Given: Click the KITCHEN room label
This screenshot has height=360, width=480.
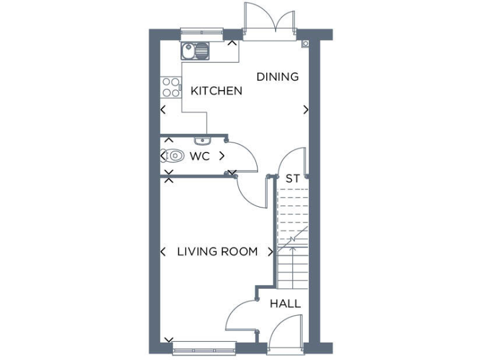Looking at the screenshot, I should click(216, 91).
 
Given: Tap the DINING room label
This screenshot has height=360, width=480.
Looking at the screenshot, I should click(277, 77).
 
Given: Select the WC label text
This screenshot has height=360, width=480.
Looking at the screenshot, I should click(199, 156).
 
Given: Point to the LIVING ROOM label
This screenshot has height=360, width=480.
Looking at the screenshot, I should click(217, 252).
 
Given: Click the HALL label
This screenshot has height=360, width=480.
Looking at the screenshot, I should click(285, 304).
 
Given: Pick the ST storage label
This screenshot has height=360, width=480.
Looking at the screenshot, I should click(292, 179).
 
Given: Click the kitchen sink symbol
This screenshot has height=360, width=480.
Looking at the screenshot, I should click(196, 49).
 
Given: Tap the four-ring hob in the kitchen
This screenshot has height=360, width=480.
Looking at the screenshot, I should click(170, 87).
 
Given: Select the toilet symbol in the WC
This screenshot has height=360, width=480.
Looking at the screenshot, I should click(174, 156).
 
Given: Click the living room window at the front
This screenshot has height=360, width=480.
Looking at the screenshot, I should click(204, 344).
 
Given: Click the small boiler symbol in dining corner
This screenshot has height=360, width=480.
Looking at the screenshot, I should click(305, 44).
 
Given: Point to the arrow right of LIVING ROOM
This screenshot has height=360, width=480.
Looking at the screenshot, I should click(270, 252).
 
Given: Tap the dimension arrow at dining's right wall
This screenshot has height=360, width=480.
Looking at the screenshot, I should click(306, 110).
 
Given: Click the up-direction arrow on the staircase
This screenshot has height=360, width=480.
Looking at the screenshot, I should click(292, 239).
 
